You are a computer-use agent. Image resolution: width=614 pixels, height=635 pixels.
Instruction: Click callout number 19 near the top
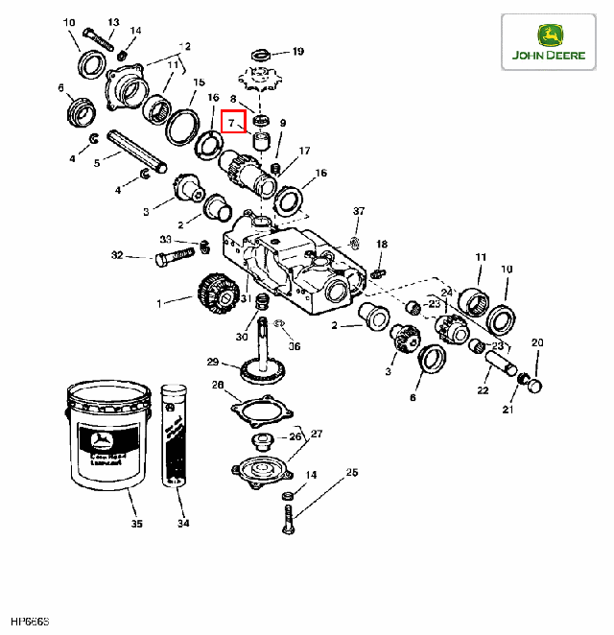(297, 52)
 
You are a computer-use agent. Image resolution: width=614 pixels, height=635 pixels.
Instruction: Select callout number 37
(359, 211)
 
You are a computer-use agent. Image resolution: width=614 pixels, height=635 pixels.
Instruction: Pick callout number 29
(213, 362)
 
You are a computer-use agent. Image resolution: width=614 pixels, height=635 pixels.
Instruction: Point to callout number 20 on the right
(537, 342)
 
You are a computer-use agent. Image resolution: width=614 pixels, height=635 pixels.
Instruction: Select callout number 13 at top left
(113, 22)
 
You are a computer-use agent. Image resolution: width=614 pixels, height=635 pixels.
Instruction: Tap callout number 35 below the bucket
(136, 525)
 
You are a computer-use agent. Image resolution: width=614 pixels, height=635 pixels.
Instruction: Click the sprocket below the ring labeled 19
(259, 77)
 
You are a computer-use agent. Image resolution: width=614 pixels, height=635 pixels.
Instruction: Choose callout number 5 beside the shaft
(96, 164)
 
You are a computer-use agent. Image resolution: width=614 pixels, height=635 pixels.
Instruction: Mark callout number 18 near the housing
(382, 246)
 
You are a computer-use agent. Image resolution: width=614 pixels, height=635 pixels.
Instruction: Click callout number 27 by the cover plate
(318, 435)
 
